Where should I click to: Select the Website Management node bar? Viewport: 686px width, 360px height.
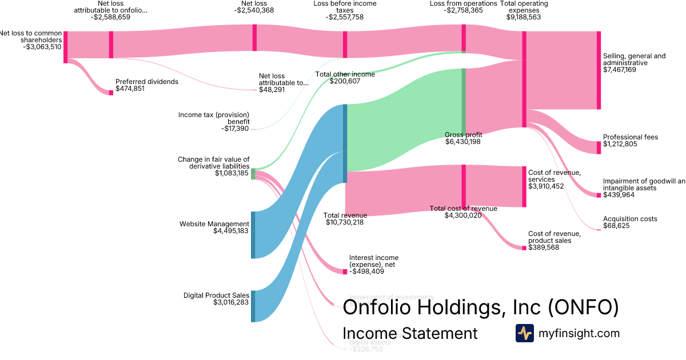[253, 235]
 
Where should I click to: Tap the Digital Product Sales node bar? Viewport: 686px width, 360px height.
[253, 306]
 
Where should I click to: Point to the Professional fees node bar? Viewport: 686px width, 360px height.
[599, 147]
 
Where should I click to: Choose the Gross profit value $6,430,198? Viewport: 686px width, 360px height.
[462, 142]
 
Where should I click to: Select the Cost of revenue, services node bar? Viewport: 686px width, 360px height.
[524, 186]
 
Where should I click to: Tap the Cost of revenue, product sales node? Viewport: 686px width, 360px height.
[524, 248]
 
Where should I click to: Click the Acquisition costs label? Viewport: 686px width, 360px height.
[630, 219]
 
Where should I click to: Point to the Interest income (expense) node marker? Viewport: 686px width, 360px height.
[345, 272]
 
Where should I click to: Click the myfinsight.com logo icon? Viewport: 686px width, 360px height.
[524, 333]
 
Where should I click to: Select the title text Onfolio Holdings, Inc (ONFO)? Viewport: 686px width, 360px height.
[480, 308]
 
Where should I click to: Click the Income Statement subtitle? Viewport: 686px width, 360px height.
[410, 333]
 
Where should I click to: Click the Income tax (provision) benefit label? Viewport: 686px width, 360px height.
[214, 118]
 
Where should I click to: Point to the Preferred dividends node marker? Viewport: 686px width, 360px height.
[111, 93]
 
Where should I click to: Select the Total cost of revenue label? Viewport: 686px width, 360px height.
[463, 209]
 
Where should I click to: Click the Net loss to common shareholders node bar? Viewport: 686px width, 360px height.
[66, 47]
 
